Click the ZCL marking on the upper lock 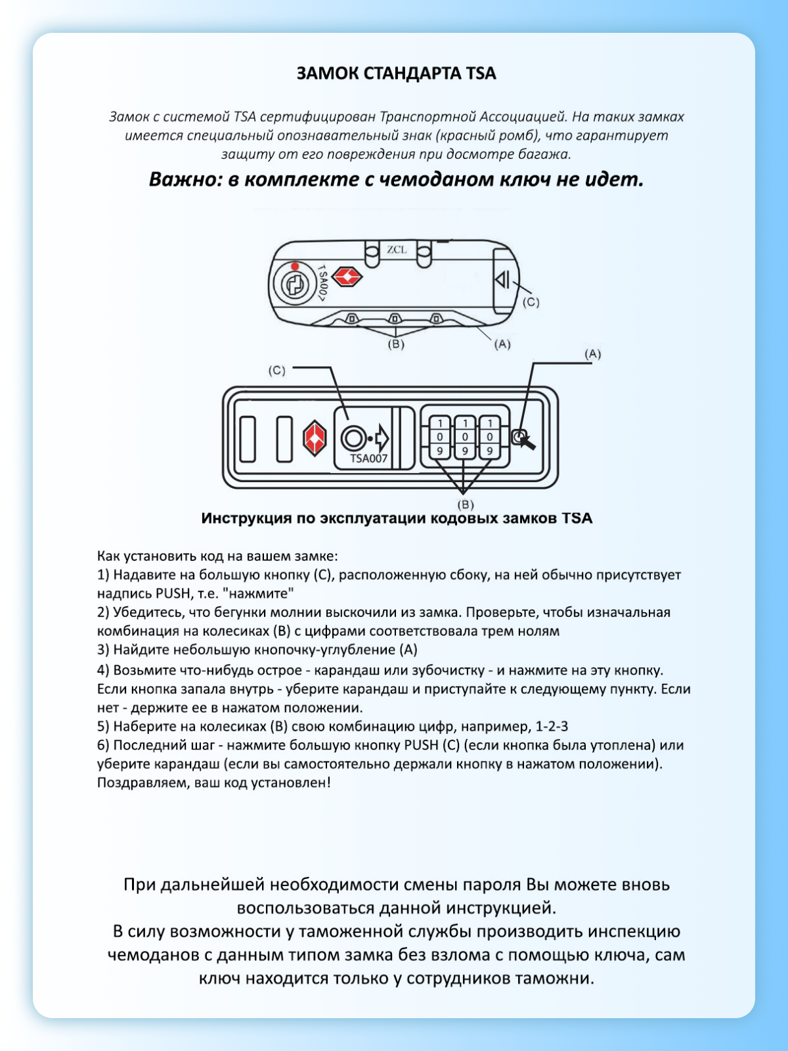(x=397, y=250)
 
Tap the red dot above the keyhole (x=295, y=266)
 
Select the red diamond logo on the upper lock (x=347, y=277)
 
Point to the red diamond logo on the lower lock (x=315, y=438)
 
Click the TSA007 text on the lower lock (x=368, y=458)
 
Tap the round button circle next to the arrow (x=353, y=438)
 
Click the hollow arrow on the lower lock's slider (x=381, y=438)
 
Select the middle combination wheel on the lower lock (x=465, y=437)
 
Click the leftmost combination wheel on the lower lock (x=440, y=437)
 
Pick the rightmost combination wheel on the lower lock (x=490, y=437)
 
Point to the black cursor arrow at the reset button (x=527, y=442)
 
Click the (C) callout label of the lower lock (x=276, y=370)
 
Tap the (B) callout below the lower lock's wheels (x=465, y=504)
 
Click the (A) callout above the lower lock (x=592, y=353)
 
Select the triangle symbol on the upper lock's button (x=502, y=280)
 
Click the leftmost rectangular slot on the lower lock (x=248, y=438)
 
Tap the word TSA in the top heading (x=481, y=74)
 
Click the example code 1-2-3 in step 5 (x=552, y=727)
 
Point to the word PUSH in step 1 (x=172, y=594)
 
